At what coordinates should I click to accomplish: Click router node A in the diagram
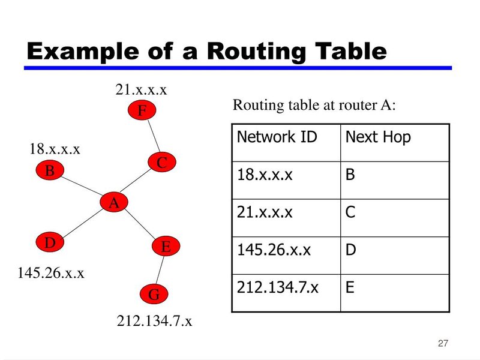[x=114, y=202]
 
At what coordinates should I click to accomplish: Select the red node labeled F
[x=142, y=110]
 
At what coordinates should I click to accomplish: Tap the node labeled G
[x=154, y=294]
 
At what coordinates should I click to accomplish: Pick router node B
[x=50, y=170]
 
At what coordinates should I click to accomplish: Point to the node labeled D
[x=50, y=242]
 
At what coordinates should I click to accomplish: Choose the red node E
[x=166, y=246]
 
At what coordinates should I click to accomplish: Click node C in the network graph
[x=162, y=162]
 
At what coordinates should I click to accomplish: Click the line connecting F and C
[x=154, y=136]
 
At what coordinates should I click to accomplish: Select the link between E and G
[x=160, y=271]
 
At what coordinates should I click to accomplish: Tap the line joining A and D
[x=82, y=223]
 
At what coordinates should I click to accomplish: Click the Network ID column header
[x=277, y=137]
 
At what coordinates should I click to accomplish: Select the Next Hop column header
[x=378, y=137]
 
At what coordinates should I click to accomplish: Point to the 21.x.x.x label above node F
[x=141, y=89]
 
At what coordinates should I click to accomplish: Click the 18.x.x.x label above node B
[x=55, y=149]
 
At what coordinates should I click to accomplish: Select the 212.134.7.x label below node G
[x=154, y=321]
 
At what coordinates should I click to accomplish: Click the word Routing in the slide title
[x=256, y=52]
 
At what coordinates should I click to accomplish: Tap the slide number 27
[x=443, y=343]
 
